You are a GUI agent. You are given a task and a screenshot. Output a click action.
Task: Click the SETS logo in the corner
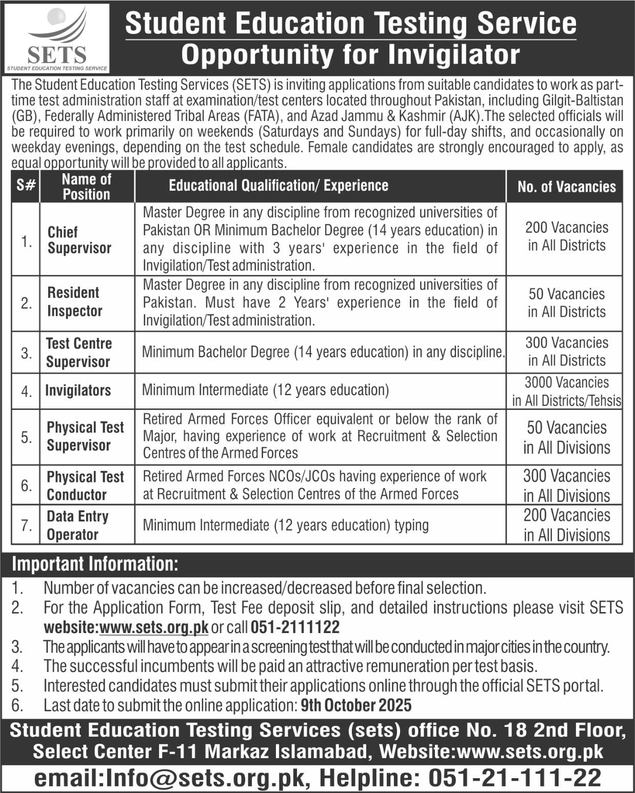point(57,37)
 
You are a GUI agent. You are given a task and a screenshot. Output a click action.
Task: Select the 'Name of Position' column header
point(86,187)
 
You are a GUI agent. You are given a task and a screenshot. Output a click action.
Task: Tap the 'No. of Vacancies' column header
point(566,187)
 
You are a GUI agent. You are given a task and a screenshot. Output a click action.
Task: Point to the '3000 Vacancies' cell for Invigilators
point(566,391)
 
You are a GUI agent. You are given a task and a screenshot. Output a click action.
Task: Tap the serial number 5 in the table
point(26,437)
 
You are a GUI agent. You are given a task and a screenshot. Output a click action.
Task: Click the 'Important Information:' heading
point(95,564)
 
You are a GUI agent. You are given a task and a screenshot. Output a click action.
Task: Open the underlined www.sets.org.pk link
point(154,627)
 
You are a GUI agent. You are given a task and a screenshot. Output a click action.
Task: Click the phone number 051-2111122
point(295,627)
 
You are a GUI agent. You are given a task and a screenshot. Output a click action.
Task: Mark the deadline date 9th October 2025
point(356,705)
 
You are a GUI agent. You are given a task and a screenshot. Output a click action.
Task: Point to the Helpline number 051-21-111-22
point(514,778)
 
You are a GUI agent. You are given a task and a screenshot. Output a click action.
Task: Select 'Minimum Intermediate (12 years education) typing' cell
point(286,525)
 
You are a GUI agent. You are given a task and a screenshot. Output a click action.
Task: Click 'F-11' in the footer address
point(177,752)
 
